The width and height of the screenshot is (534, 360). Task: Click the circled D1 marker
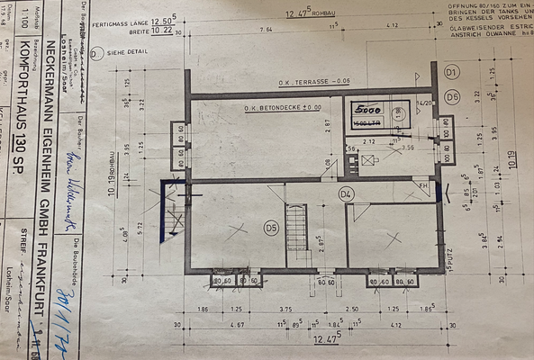tap(452, 70)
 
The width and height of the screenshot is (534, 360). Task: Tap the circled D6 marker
tap(452, 96)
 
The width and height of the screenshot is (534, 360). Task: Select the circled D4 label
tap(347, 193)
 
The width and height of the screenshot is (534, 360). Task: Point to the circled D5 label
tap(269, 228)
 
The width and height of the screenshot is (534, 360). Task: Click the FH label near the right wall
tap(421, 185)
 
